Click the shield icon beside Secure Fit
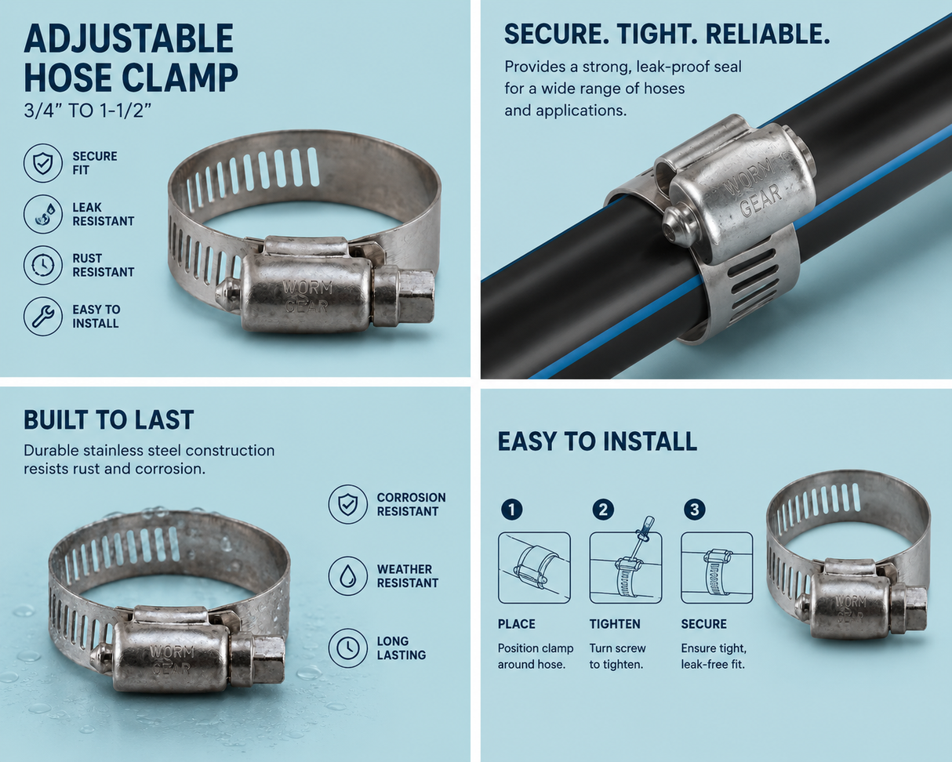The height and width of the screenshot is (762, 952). (x=43, y=163)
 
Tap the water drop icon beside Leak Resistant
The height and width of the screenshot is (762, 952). (x=43, y=214)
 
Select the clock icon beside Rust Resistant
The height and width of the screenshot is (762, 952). (x=43, y=265)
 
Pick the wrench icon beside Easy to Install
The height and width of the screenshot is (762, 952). (x=43, y=316)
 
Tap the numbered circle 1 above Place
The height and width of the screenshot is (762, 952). (x=512, y=510)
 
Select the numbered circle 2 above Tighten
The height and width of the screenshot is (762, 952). (x=603, y=510)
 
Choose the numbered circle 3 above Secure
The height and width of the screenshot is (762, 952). (x=695, y=510)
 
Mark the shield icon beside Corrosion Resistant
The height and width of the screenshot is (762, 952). (x=347, y=504)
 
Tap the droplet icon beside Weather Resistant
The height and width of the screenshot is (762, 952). (x=347, y=576)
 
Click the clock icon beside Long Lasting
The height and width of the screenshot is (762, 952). (x=347, y=648)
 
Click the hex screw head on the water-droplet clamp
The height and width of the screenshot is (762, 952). (x=270, y=660)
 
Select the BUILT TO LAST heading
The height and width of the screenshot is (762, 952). (x=109, y=419)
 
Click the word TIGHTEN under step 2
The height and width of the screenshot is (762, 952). (x=615, y=624)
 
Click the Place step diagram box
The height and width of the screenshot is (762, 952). (x=534, y=568)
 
